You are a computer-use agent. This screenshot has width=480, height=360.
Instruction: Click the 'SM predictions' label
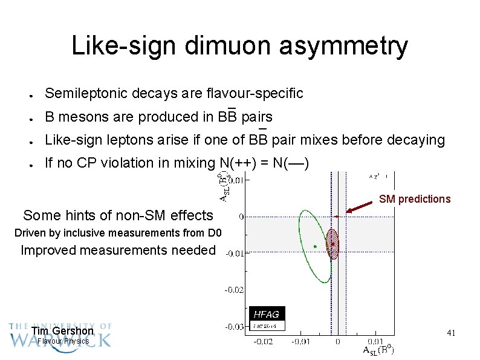(415, 199)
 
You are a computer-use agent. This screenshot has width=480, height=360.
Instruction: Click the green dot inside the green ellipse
(316, 246)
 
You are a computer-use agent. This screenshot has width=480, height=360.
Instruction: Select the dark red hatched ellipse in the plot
(332, 244)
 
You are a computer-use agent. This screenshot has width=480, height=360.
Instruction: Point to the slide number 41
(450, 333)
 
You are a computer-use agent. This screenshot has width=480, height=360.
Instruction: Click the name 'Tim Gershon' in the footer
(62, 331)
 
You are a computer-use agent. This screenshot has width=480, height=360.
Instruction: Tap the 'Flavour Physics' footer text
(63, 341)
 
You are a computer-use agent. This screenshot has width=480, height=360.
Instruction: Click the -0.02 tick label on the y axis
(235, 290)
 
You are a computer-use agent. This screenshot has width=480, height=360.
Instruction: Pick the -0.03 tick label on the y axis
(235, 327)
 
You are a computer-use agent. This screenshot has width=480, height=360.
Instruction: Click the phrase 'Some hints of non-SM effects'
(118, 215)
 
